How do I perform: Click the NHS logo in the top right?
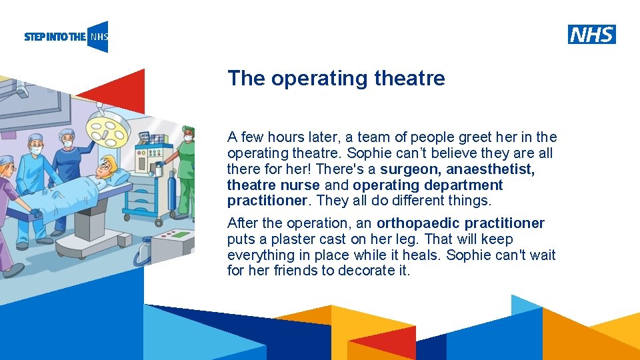point(592,35)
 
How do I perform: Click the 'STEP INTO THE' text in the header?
point(55,37)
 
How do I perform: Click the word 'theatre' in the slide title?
point(409,79)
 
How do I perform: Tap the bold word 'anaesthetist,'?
point(491,169)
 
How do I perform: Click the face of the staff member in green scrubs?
point(188,135)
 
